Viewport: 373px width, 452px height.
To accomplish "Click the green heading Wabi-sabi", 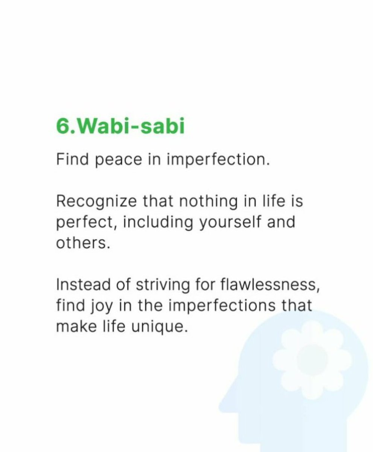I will coord(132,127).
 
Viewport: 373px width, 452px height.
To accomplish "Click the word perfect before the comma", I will coord(81,223).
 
